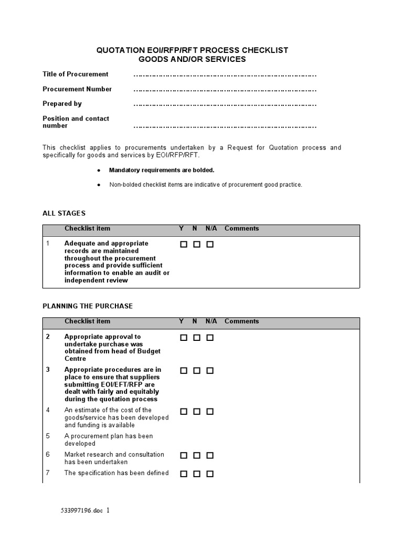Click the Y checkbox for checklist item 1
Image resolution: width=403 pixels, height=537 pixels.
(x=184, y=244)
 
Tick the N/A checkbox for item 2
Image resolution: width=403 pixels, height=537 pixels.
(x=210, y=338)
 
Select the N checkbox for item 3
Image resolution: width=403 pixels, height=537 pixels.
(x=197, y=371)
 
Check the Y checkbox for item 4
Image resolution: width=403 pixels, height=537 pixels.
(x=184, y=412)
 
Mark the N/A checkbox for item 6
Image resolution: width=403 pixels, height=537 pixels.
(x=210, y=456)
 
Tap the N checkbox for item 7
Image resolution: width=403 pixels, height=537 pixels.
(x=197, y=474)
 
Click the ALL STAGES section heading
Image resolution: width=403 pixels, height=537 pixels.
(x=63, y=213)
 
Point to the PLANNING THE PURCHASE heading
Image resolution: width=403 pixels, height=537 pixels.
(x=88, y=306)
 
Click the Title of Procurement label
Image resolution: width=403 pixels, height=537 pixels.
(x=76, y=74)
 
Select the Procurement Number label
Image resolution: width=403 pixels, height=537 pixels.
(x=77, y=89)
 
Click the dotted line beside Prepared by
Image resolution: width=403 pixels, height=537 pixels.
(x=225, y=105)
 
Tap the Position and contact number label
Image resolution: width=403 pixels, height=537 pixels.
(x=76, y=122)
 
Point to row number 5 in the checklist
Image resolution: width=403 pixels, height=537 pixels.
(x=48, y=436)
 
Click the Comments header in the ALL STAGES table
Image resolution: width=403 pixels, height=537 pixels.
(x=241, y=229)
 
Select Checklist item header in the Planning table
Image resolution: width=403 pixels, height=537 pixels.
(x=87, y=321)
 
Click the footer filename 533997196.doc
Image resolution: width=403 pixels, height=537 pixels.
(x=83, y=510)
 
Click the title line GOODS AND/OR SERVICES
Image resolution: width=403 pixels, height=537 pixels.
(x=192, y=60)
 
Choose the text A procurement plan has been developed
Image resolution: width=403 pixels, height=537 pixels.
(x=108, y=440)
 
